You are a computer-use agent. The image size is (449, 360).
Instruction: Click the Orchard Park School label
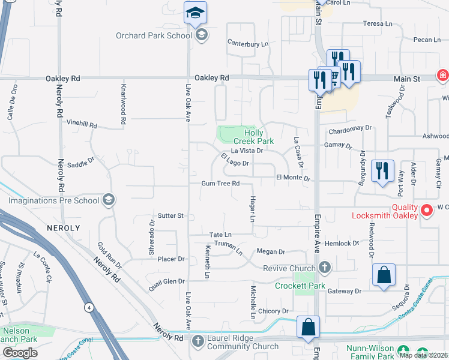[x=154, y=35]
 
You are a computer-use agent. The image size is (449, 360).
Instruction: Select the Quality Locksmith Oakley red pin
[x=426, y=211]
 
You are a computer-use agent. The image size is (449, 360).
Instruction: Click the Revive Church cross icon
[x=325, y=267]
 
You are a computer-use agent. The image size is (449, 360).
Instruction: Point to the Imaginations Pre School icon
[x=109, y=199]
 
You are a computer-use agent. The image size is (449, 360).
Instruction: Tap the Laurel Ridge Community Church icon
[x=199, y=341]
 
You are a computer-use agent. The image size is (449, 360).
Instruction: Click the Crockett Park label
[x=300, y=286]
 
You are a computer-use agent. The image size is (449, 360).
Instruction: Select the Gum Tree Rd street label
[x=220, y=184]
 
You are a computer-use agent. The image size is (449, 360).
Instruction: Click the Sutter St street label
[x=170, y=215]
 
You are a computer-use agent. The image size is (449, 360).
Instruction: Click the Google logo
[x=20, y=353]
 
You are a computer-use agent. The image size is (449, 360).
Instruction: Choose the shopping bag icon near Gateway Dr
[x=384, y=275]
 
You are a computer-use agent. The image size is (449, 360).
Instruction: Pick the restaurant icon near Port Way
[x=382, y=171]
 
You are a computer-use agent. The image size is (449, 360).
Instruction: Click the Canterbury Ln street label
[x=247, y=43]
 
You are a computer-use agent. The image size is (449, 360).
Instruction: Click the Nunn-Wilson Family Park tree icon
[x=404, y=349]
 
